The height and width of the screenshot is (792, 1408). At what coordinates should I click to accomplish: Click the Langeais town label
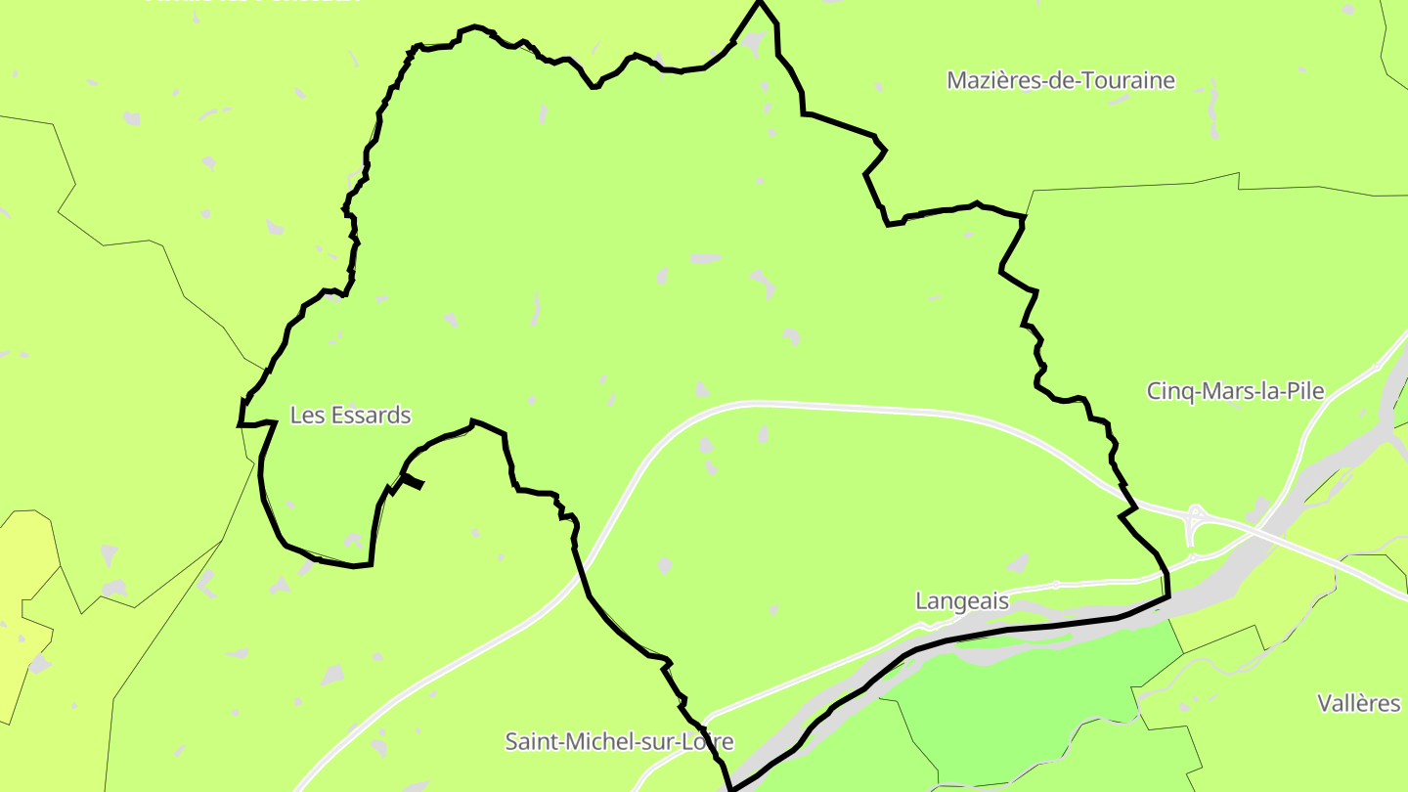pyautogui.click(x=961, y=600)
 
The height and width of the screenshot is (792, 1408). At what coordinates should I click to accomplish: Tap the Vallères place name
pyautogui.click(x=1358, y=703)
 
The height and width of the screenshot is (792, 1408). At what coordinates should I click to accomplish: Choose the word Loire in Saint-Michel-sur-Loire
pyautogui.click(x=708, y=741)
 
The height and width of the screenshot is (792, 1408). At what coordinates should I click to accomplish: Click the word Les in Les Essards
pyautogui.click(x=306, y=416)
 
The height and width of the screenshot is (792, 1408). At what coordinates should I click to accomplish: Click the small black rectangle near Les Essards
pyautogui.click(x=413, y=480)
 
